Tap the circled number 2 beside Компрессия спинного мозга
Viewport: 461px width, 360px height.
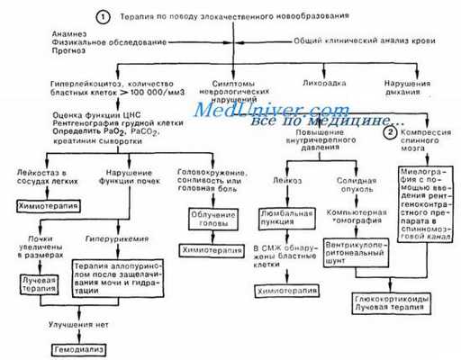390,131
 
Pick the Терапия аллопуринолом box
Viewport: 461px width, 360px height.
112,277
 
